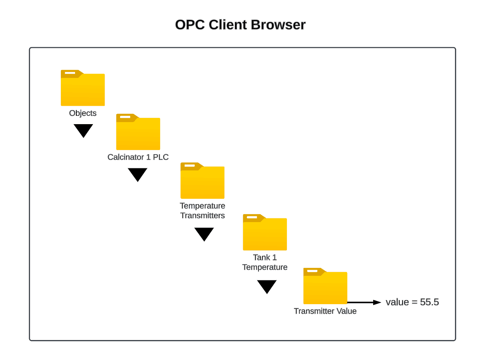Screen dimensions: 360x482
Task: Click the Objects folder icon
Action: pyautogui.click(x=83, y=88)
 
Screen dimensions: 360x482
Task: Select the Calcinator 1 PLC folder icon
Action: pyautogui.click(x=138, y=132)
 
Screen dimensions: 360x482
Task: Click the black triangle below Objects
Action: pyautogui.click(x=83, y=130)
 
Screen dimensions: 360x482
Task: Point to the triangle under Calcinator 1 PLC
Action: pyautogui.click(x=138, y=174)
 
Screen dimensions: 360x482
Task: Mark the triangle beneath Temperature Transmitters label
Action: pyautogui.click(x=204, y=233)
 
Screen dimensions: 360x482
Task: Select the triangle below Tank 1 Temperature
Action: pyautogui.click(x=267, y=286)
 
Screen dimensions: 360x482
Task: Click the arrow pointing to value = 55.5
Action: pyautogui.click(x=364, y=302)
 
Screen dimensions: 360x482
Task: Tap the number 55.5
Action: pyautogui.click(x=429, y=302)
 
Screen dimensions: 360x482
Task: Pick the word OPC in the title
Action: pyautogui.click(x=190, y=25)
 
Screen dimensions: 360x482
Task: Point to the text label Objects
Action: pyautogui.click(x=83, y=113)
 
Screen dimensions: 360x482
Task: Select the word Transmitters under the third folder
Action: pyautogui.click(x=202, y=216)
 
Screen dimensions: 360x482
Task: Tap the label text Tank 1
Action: pyautogui.click(x=265, y=257)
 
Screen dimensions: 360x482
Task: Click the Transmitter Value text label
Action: pyautogui.click(x=325, y=311)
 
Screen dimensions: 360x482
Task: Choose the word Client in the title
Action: pyautogui.click(x=228, y=25)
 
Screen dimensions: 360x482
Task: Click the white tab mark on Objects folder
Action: pyautogui.click(x=70, y=73)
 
